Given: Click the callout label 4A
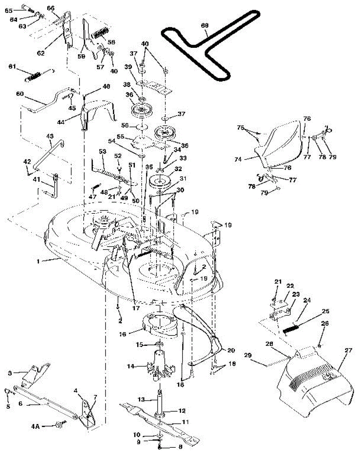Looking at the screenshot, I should coord(35,426).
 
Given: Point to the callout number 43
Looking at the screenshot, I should coord(50,136).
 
